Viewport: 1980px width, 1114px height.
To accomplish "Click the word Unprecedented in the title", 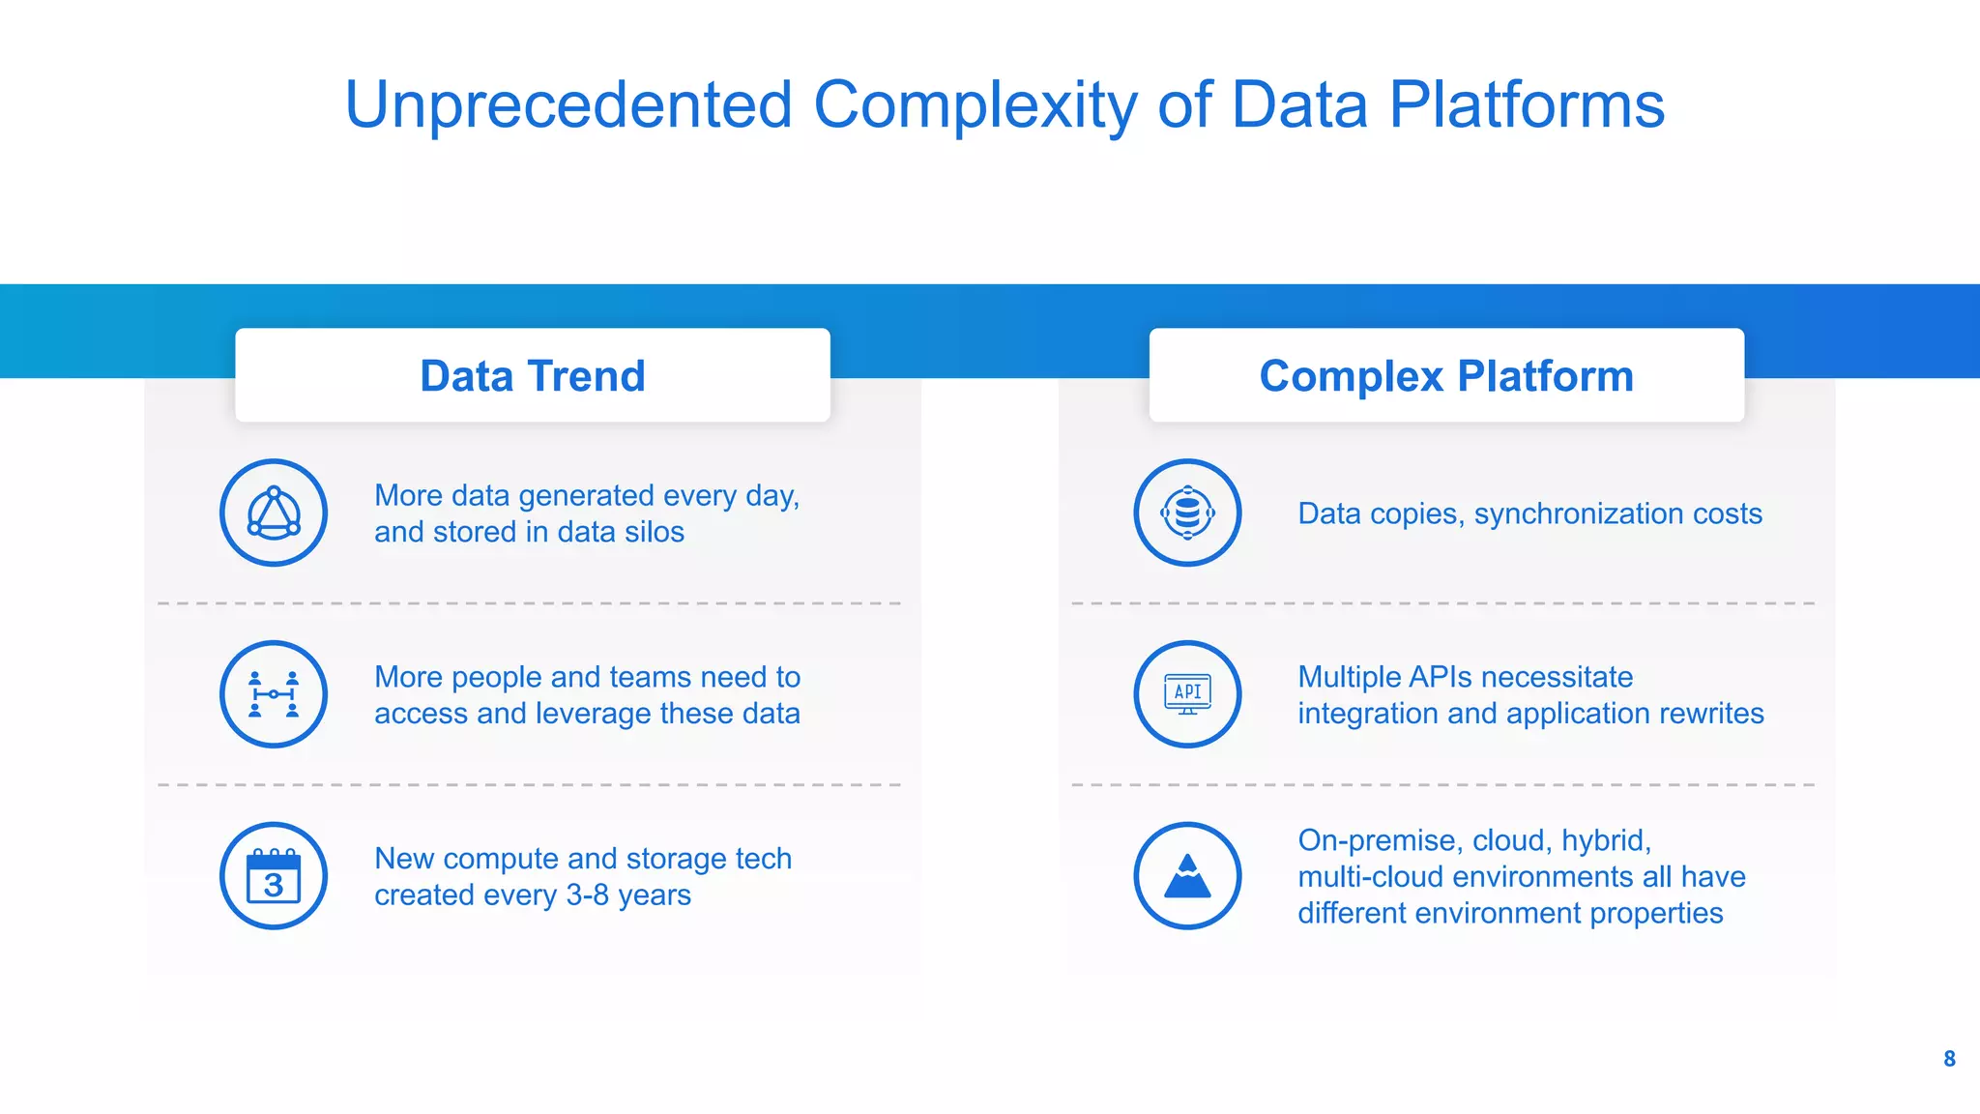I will (568, 104).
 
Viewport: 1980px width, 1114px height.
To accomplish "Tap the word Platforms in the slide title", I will (1527, 104).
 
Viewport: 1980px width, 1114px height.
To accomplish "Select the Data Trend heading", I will (533, 376).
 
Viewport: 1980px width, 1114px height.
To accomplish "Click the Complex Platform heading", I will (1446, 376).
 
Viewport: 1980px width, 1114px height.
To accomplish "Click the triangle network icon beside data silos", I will (274, 513).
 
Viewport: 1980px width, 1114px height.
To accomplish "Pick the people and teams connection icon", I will (274, 694).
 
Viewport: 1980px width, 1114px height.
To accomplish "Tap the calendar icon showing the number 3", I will (274, 876).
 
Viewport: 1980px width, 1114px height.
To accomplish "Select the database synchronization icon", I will (1187, 513).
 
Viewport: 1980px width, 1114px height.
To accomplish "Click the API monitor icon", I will (1187, 694).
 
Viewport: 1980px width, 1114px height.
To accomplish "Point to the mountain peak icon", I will (1187, 876).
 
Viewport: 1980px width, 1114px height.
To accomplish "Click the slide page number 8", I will (1949, 1059).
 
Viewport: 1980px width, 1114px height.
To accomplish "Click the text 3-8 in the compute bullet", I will (587, 895).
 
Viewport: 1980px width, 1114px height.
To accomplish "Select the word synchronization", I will (1578, 514).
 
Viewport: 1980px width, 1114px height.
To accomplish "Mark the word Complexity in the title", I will (975, 104).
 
